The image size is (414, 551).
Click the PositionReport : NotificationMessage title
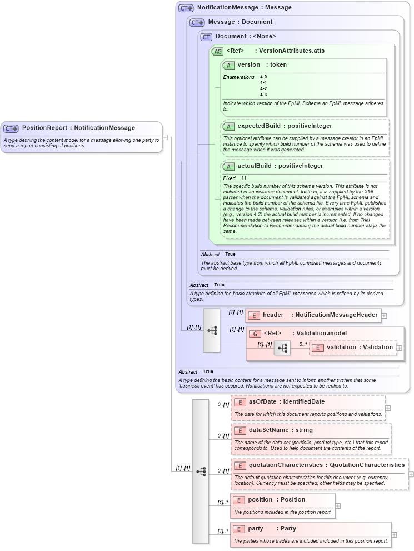click(x=78, y=128)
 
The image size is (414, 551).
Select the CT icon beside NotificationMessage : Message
click(x=186, y=8)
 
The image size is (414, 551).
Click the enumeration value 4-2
click(x=263, y=88)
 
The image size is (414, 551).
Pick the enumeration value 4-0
click(x=263, y=77)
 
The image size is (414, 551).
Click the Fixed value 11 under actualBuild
click(x=244, y=178)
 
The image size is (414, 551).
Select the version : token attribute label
click(x=262, y=64)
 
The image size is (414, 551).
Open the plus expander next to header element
click(x=384, y=315)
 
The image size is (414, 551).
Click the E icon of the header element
click(x=253, y=315)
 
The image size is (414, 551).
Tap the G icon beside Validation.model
click(x=255, y=334)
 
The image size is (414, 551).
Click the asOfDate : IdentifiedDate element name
click(x=286, y=401)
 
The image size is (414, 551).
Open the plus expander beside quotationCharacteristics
click(x=411, y=474)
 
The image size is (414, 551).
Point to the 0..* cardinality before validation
click(x=303, y=344)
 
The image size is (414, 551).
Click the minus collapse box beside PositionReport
click(x=165, y=137)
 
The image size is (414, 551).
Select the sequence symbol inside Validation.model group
click(x=282, y=348)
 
